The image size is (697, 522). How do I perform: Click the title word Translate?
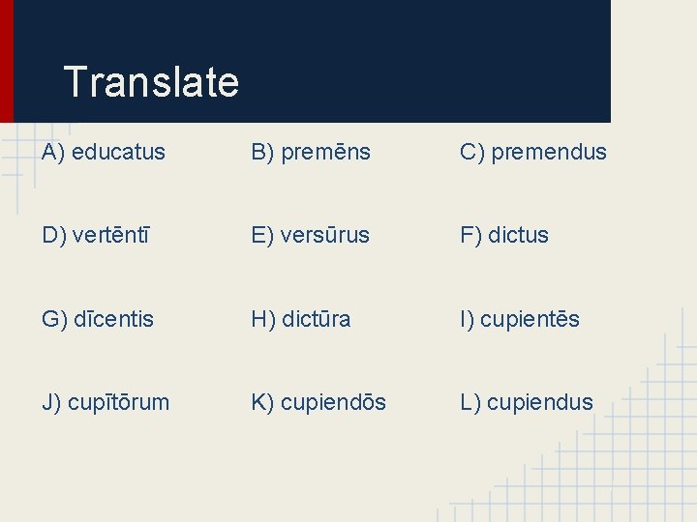click(150, 82)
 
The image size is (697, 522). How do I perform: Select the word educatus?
click(118, 152)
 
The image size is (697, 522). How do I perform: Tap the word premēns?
click(325, 152)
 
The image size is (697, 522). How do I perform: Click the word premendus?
click(549, 152)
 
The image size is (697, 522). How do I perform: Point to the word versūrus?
click(324, 235)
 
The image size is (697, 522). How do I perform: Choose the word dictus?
click(518, 235)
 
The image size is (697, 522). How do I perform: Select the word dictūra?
click(316, 319)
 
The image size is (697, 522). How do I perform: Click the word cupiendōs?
click(333, 402)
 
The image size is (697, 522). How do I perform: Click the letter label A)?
click(53, 152)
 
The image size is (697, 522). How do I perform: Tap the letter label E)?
click(262, 235)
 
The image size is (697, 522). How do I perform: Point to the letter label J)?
click(52, 402)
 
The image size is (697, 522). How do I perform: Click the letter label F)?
click(471, 235)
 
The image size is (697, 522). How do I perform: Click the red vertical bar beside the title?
click(7, 60)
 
